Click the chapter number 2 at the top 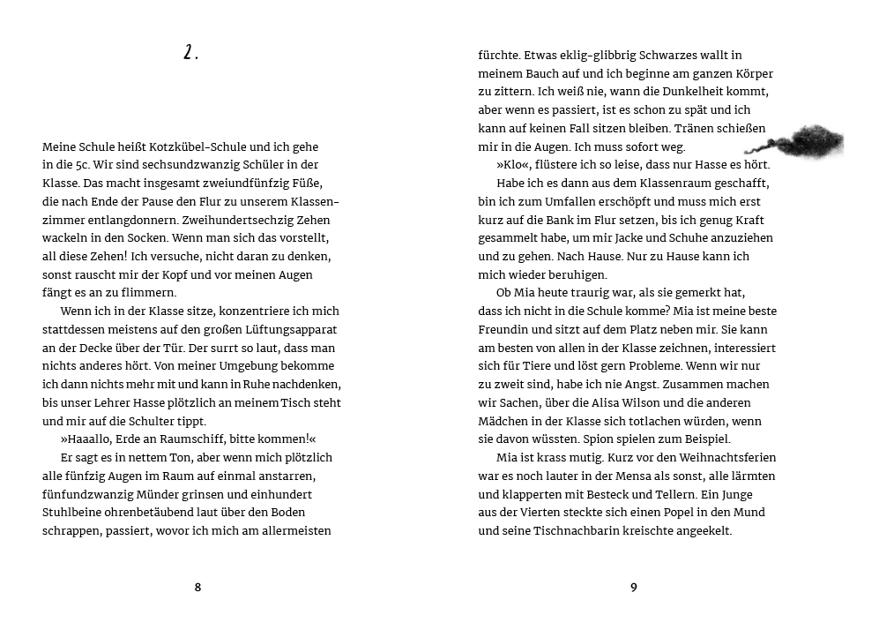coord(190,54)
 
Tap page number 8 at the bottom coord(197,588)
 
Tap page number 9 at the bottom coord(633,588)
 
